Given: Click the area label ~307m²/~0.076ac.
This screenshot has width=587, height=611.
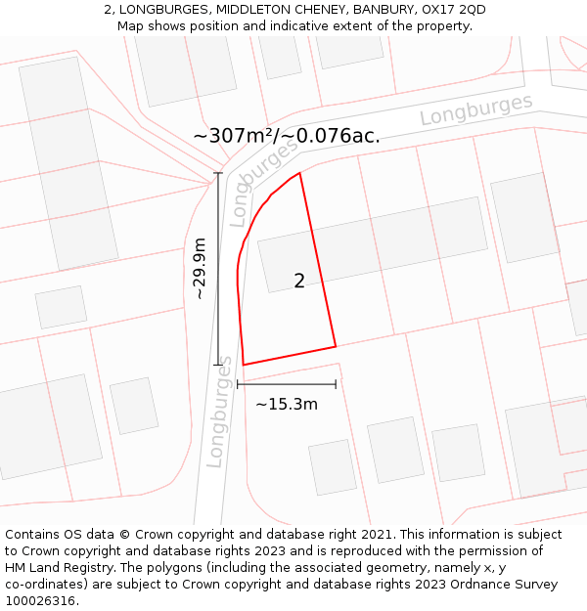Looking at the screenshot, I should (286, 136).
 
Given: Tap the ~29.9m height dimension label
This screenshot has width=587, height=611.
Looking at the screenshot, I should (199, 268).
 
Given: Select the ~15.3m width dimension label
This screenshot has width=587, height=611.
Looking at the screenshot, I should (286, 404).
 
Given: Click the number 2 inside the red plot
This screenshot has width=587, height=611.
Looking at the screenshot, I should (299, 282).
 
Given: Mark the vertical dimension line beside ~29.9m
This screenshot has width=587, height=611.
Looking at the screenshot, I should (218, 269).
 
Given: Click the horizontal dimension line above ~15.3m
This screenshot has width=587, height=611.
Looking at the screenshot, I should (286, 384).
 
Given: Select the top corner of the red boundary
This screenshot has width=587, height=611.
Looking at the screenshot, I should (299, 173).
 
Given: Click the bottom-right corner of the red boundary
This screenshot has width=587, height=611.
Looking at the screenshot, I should (336, 346).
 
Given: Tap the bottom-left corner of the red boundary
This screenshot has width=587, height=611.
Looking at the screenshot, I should (244, 365).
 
